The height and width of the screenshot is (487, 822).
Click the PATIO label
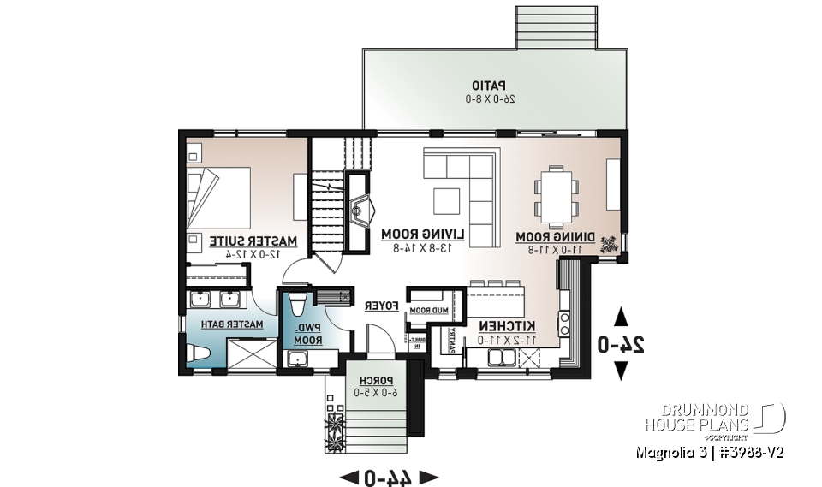pyautogui.click(x=489, y=85)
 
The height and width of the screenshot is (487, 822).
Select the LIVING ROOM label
pyautogui.click(x=423, y=234)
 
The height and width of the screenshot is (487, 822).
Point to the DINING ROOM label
pyautogui.click(x=549, y=236)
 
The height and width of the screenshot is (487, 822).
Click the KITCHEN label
pyautogui.click(x=507, y=326)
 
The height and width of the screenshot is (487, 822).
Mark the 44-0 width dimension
pyautogui.click(x=389, y=476)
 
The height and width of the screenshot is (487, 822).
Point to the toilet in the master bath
pyautogui.click(x=195, y=352)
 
